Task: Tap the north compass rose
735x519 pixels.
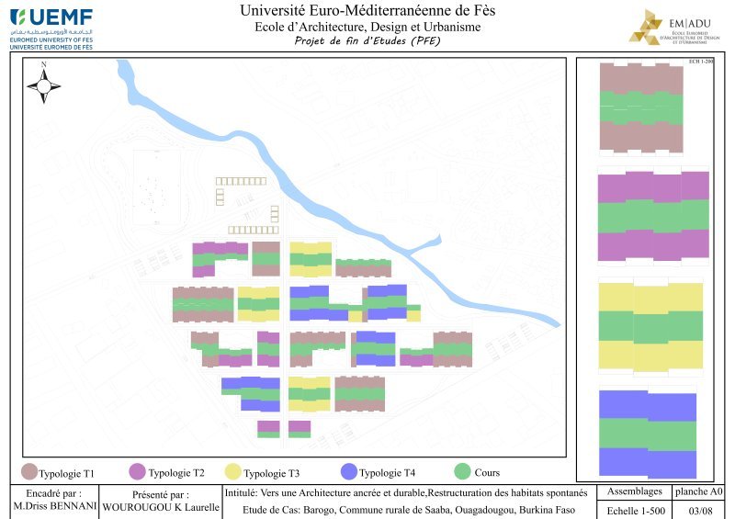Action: coord(43,85)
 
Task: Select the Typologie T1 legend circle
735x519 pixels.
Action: coord(28,473)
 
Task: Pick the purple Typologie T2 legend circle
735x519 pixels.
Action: coord(138,472)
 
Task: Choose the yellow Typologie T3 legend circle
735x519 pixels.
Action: coord(233,472)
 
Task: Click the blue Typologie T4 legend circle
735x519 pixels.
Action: coord(348,472)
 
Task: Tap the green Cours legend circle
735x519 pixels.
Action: coord(463,472)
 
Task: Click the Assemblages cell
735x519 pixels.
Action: coord(634,491)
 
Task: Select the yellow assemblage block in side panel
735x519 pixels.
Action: coord(650,326)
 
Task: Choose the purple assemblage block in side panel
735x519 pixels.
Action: coord(653,216)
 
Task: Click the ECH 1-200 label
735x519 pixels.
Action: coord(701,62)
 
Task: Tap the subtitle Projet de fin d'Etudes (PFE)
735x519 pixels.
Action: coord(367,41)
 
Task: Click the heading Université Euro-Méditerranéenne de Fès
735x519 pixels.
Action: coord(367,11)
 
